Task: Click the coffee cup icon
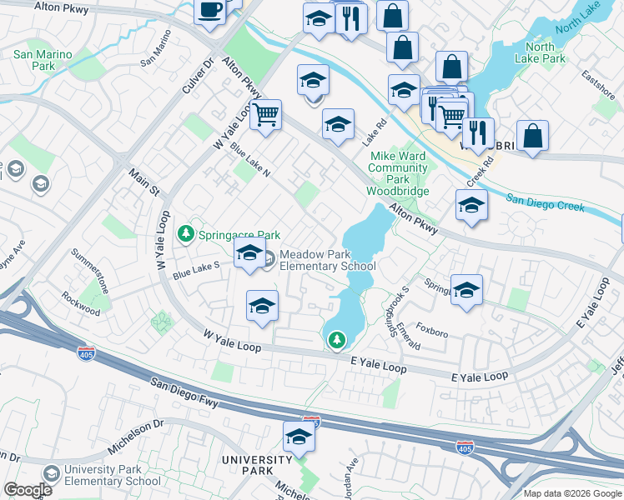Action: pos(209,11)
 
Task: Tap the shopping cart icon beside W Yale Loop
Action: pos(265,115)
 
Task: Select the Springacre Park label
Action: pos(239,235)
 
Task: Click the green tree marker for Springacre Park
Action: pos(187,235)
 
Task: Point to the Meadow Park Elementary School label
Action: pos(327,260)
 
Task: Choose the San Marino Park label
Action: pos(43,61)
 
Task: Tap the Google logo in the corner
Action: pos(28,490)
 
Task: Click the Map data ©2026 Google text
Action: pos(572,493)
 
